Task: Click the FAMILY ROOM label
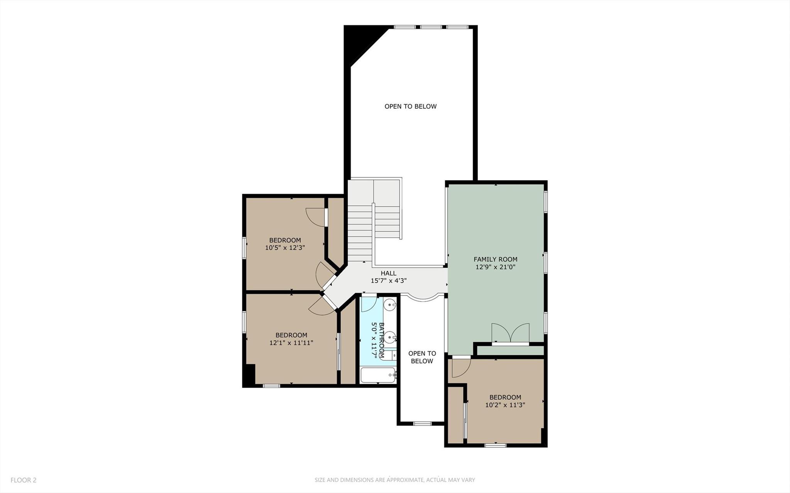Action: [495, 259]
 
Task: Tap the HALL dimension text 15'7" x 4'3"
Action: [389, 281]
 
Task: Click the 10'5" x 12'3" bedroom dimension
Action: [285, 248]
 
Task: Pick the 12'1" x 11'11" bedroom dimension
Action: [291, 343]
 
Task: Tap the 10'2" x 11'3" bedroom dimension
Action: [505, 405]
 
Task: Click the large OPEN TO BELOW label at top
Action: [410, 106]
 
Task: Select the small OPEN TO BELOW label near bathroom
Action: [422, 357]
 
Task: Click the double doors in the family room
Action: [510, 333]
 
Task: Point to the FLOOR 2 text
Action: [24, 480]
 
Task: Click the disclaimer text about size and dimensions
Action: [394, 480]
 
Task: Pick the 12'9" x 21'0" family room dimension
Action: [495, 267]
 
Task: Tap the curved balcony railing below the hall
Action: [423, 298]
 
